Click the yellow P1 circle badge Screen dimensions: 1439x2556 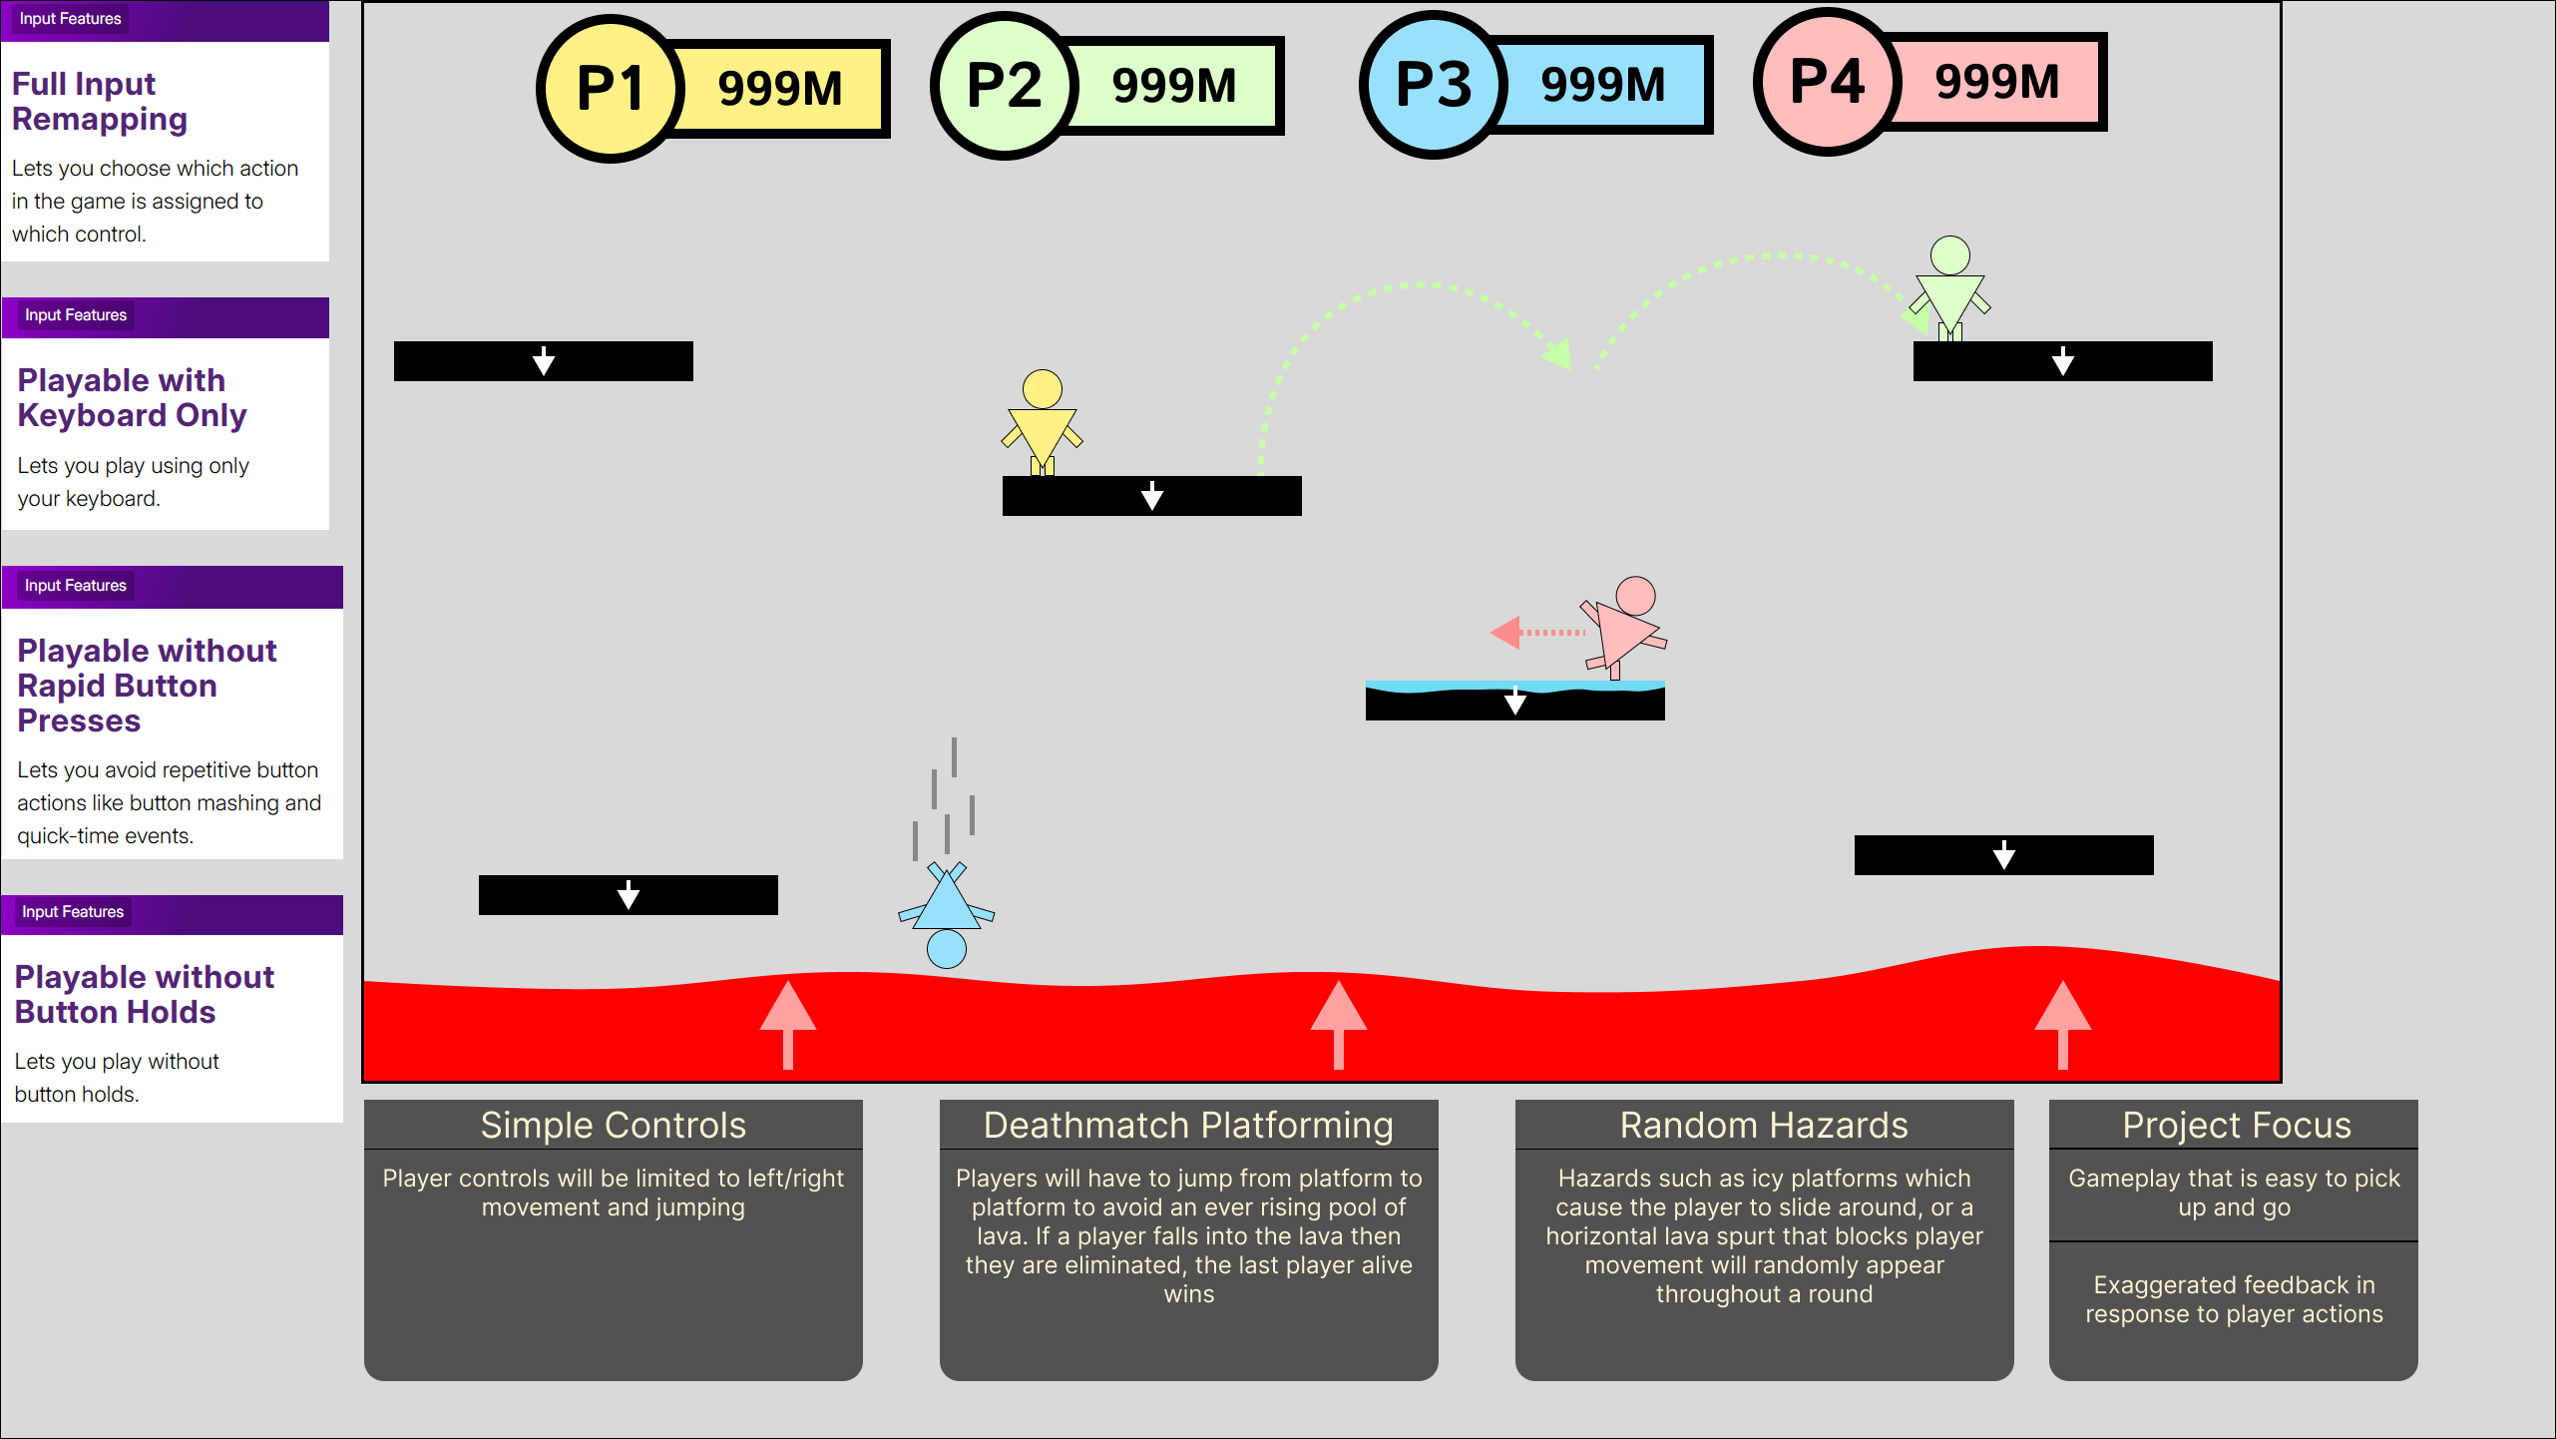point(611,89)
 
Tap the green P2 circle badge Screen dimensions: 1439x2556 point(1005,86)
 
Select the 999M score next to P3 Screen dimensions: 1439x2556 point(1602,85)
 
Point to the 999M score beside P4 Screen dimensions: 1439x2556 point(1996,82)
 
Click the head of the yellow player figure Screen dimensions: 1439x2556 point(1043,389)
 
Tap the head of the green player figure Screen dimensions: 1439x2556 point(1949,255)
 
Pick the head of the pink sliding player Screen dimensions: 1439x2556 point(1635,596)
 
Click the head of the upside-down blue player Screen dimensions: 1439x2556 point(946,948)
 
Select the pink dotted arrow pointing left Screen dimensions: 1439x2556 point(1536,632)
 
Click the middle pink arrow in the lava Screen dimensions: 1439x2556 point(1338,1023)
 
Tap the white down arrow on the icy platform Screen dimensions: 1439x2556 point(1514,702)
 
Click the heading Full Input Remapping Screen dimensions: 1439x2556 point(99,101)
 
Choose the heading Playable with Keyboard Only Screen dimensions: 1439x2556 point(132,397)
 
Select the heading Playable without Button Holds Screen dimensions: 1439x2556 point(144,994)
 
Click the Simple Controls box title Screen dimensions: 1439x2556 point(613,1126)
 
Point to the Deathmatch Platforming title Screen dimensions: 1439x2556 point(1187,1126)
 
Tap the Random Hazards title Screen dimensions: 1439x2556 point(1763,1126)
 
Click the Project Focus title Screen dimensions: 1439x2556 point(2236,1126)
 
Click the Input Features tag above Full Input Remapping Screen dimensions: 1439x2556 point(70,19)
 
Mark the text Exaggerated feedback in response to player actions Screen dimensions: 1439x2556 point(2233,1299)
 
